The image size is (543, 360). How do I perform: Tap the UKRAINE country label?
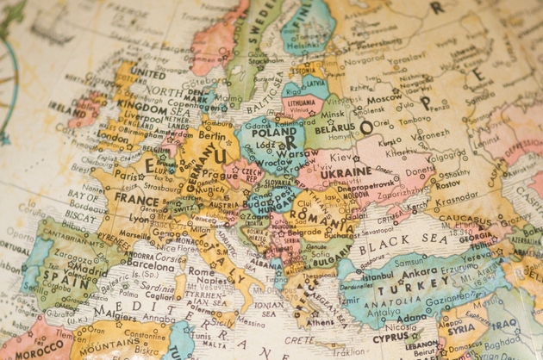[x=346, y=171]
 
